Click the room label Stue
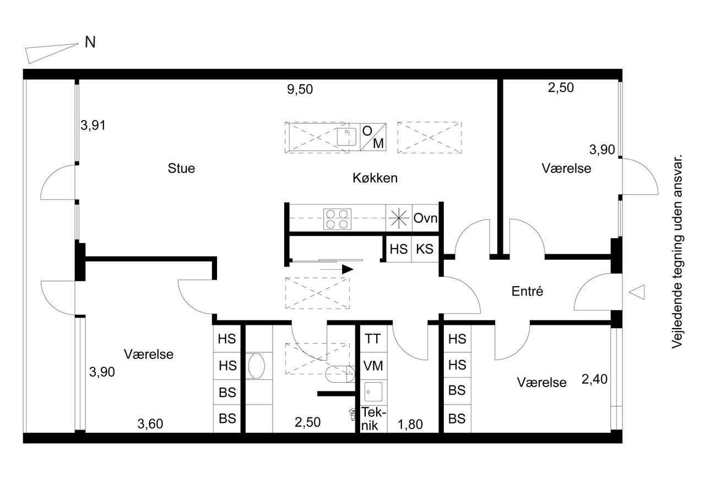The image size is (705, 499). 181,168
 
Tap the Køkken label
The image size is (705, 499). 375,178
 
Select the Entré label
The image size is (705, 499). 527,291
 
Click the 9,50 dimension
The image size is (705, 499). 300,89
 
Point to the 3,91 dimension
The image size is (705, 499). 93,125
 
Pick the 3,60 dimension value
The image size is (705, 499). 150,423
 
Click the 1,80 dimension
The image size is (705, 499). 410,425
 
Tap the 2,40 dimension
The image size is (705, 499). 594,379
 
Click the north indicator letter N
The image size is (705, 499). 90,42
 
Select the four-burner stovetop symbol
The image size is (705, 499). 337,219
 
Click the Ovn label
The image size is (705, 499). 425,218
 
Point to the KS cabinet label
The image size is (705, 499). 425,249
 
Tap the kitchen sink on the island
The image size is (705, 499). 347,137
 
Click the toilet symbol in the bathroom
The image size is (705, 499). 340,374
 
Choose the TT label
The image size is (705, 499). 373,339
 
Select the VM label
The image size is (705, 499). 373,366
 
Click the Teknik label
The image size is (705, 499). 373,418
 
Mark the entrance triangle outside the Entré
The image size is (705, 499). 637,292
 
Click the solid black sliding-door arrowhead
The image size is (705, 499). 348,269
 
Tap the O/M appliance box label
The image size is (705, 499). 373,137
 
